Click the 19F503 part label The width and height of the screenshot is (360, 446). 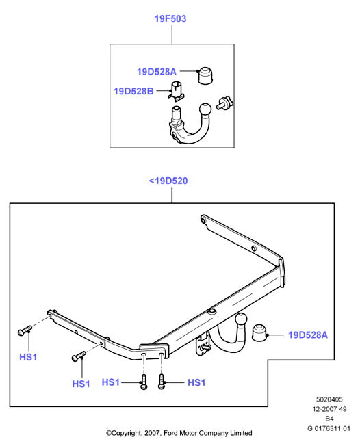(170, 18)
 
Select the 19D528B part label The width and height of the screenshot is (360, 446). (133, 91)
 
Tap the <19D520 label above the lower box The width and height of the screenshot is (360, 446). (168, 181)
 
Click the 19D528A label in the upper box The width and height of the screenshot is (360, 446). (157, 72)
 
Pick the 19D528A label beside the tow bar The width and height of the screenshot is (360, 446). (308, 334)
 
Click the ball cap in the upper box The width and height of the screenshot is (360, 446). (205, 76)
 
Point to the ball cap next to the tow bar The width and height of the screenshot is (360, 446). (260, 332)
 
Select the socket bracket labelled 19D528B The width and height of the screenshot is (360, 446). (176, 91)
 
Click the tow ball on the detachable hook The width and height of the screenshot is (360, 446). (205, 110)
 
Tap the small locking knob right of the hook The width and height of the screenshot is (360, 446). (224, 103)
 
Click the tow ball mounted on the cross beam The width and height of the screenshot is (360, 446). (242, 319)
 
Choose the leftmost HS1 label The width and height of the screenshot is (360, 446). (28, 357)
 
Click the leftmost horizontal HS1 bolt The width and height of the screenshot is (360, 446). (25, 330)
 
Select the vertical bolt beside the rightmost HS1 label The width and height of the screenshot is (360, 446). (162, 382)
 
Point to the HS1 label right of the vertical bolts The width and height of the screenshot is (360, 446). (196, 382)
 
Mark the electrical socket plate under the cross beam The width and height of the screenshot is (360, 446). (203, 345)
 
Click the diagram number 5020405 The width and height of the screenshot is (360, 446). (329, 399)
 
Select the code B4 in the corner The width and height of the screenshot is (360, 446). (329, 419)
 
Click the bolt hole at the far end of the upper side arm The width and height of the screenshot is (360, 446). (203, 220)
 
